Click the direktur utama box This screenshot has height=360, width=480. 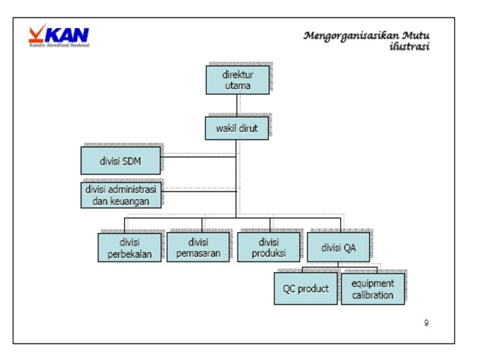[238, 79]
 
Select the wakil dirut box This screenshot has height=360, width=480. [237, 128]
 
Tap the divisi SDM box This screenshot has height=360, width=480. [121, 161]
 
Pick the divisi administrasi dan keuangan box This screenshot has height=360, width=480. [121, 195]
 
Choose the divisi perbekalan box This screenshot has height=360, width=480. [130, 247]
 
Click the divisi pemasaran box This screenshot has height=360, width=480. [198, 247]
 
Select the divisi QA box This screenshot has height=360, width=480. [338, 247]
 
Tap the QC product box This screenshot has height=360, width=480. [305, 289]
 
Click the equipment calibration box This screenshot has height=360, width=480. [373, 289]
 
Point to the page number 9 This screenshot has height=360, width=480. [426, 323]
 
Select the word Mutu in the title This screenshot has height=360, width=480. [415, 35]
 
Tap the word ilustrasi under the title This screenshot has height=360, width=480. [409, 47]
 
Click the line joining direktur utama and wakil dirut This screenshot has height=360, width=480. [237, 105]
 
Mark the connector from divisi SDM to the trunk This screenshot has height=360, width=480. [198, 157]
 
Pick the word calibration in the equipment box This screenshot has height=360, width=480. [373, 295]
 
